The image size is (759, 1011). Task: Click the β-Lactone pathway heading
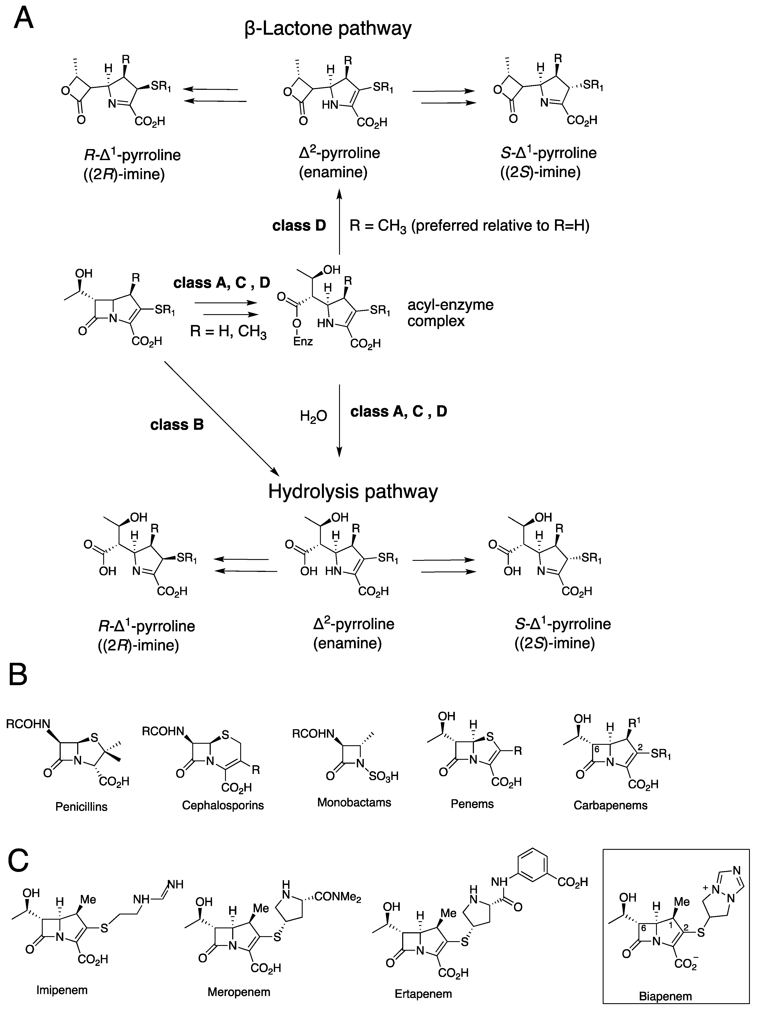click(328, 28)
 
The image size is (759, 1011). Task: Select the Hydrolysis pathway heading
click(353, 491)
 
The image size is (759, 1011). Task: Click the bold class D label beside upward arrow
click(299, 226)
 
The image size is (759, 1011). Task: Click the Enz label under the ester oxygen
click(303, 341)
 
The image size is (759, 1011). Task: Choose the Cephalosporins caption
click(223, 805)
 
